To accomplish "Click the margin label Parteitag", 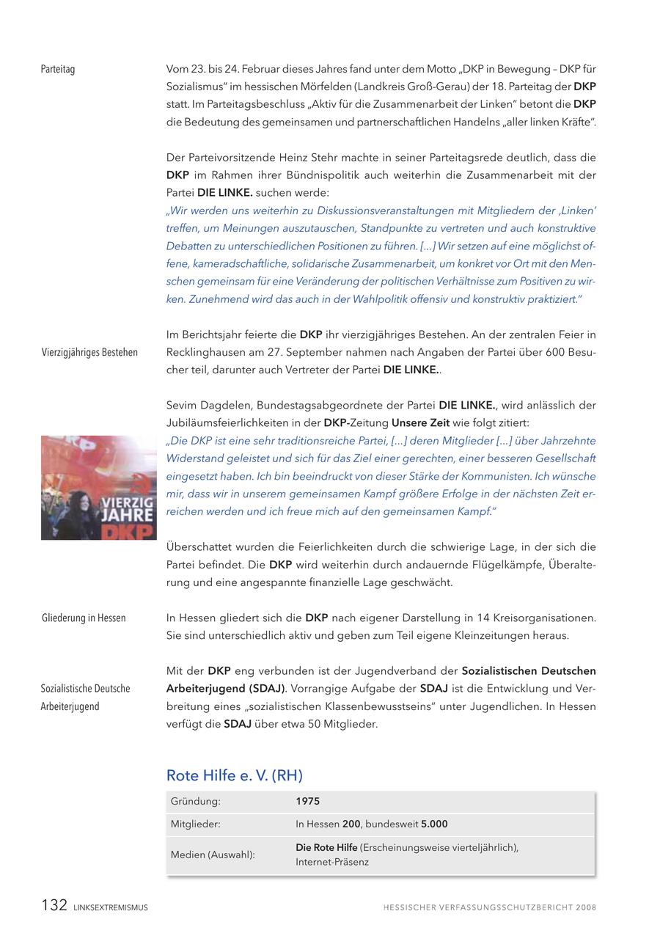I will tap(58, 70).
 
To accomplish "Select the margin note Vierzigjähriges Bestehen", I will tap(89, 353).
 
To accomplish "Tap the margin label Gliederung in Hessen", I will tap(84, 618).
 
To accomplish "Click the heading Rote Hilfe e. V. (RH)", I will tap(234, 775).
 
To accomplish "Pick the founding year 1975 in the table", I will tap(307, 802).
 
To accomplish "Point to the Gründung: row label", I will tap(195, 802).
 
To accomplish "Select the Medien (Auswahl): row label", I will tap(213, 855).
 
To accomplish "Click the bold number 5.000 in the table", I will tap(434, 824).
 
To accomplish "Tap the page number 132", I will tap(54, 906).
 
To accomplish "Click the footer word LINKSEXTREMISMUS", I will tap(111, 908).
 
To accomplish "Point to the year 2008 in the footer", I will tap(586, 908).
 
